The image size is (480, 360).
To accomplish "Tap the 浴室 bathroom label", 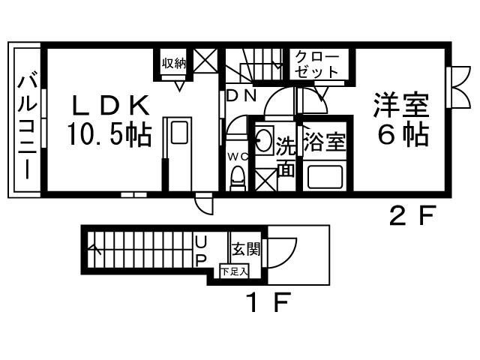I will point(324,142).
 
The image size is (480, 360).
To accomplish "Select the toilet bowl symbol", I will point(238,178).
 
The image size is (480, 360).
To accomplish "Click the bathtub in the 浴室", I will point(324,177).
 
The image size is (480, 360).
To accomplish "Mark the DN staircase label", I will point(241,95).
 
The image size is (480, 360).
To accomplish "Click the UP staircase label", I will point(200,252).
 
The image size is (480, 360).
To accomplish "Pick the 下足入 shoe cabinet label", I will point(234,271).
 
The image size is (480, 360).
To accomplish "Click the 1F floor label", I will point(268,303).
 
